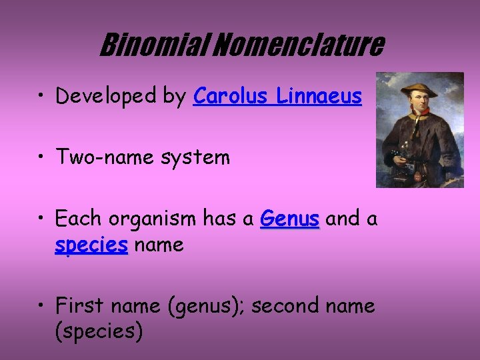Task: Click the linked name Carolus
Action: [x=230, y=97]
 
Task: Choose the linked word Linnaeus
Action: [x=319, y=97]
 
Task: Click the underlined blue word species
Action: [x=91, y=245]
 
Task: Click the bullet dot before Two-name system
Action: [x=42, y=159]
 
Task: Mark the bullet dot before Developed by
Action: [x=42, y=97]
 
